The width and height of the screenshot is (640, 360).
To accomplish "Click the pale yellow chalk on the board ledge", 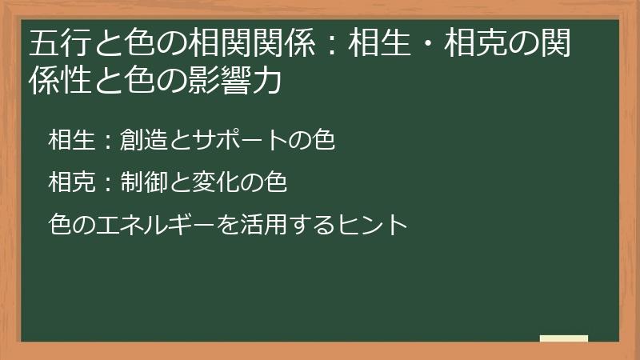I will click(x=563, y=338).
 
